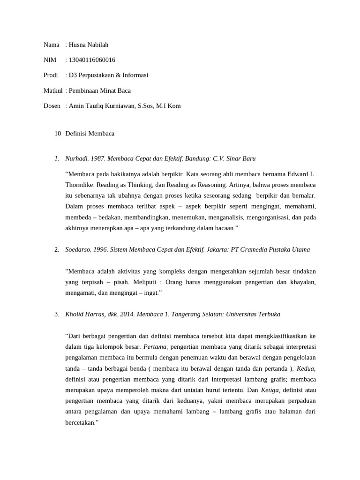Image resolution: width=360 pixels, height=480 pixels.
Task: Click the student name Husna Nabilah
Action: pyautogui.click(x=89, y=45)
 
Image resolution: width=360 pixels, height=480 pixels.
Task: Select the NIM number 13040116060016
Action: pyautogui.click(x=92, y=60)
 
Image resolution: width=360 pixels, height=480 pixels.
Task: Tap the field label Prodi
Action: pyautogui.click(x=51, y=75)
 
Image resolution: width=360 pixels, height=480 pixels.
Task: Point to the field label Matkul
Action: pyautogui.click(x=53, y=90)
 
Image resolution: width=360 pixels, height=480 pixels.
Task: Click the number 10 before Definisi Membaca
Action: pyautogui.click(x=58, y=134)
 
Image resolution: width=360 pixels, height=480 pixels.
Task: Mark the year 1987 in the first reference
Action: pyautogui.click(x=98, y=158)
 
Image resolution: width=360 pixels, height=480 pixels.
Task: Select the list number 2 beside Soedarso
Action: pyautogui.click(x=56, y=249)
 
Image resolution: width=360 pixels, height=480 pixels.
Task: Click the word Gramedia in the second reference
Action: pyautogui.click(x=256, y=249)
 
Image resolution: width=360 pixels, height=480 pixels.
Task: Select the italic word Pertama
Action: pyautogui.click(x=154, y=347)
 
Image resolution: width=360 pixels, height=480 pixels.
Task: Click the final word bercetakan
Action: pyautogui.click(x=82, y=422)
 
